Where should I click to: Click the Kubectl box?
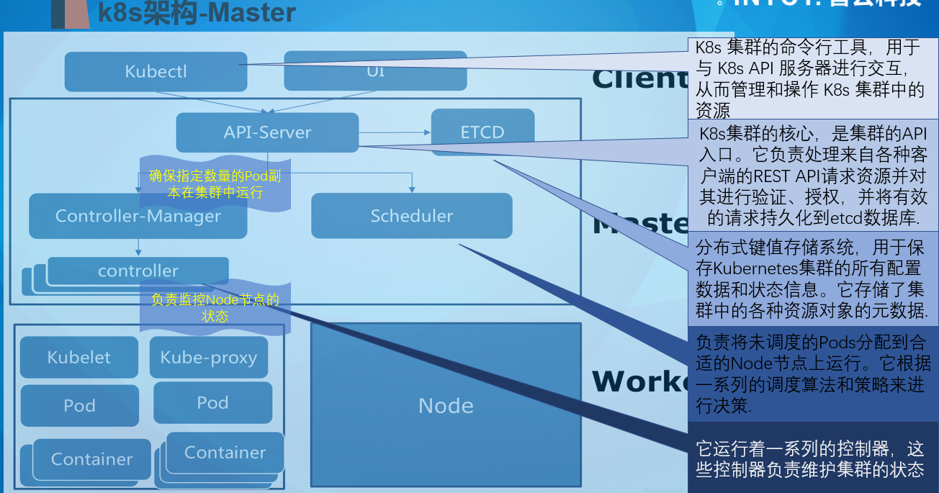tap(156, 71)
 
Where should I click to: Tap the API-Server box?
tap(267, 132)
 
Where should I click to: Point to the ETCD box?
tap(482, 132)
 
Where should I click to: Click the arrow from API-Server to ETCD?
tap(394, 132)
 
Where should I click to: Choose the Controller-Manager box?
tap(138, 216)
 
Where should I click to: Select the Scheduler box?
tap(411, 216)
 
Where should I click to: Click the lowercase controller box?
tap(138, 271)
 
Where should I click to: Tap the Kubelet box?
tap(78, 358)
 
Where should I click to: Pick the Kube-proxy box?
tap(208, 358)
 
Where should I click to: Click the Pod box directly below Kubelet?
tap(78, 406)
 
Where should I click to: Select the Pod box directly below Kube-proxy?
tap(212, 403)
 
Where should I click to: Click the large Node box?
tap(446, 406)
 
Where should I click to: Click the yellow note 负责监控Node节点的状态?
tap(215, 308)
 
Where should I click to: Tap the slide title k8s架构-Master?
tap(197, 13)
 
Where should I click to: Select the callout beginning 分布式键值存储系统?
tap(812, 279)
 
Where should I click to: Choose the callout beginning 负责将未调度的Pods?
tap(812, 373)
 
